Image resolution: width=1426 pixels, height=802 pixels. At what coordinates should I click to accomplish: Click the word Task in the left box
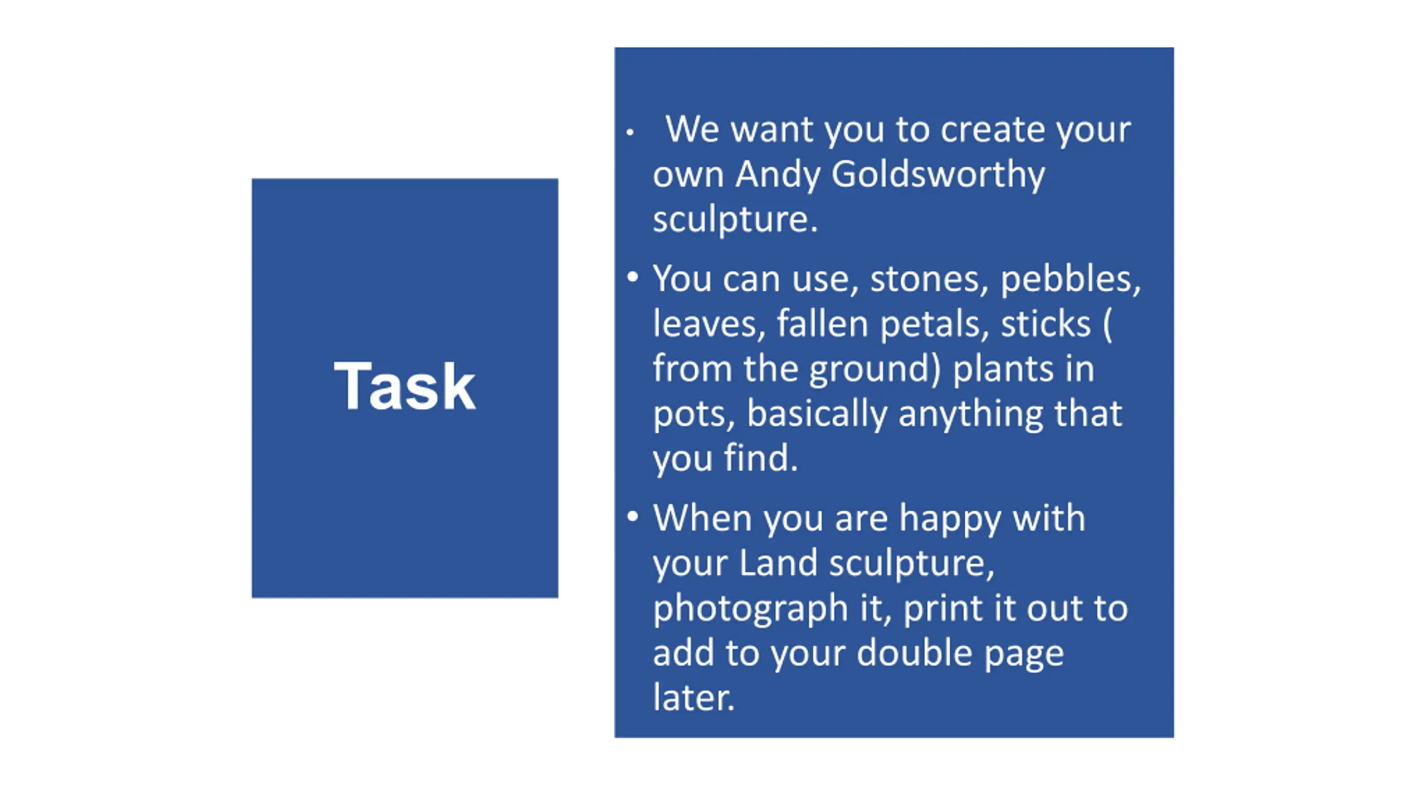pyautogui.click(x=405, y=386)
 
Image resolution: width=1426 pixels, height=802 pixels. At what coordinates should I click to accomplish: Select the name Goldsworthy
pyautogui.click(x=938, y=175)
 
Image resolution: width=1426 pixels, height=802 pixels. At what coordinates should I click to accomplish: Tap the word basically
pyautogui.click(x=817, y=414)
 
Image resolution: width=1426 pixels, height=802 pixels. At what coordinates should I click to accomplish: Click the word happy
pyautogui.click(x=950, y=520)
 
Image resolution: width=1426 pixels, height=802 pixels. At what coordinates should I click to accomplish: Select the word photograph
pyautogui.click(x=751, y=609)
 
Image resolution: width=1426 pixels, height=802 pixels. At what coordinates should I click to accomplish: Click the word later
pyautogui.click(x=694, y=697)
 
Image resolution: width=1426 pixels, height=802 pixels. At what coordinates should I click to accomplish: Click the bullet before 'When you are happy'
pyautogui.click(x=632, y=516)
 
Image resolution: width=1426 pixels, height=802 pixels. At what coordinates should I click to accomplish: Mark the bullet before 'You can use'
pyautogui.click(x=632, y=277)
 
